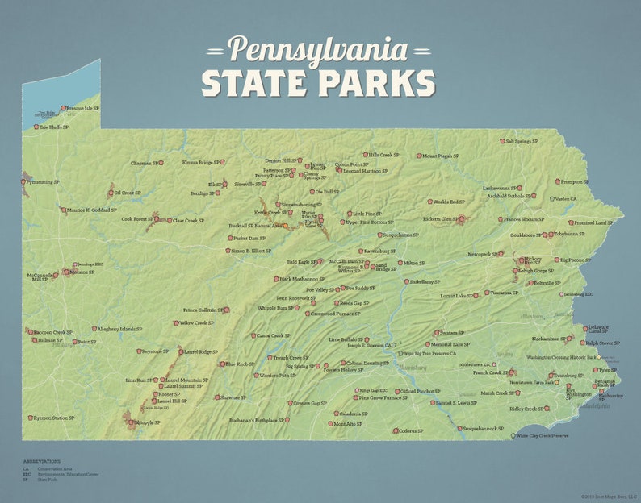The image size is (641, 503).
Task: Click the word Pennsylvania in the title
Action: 318,50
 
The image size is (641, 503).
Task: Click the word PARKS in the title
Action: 377,83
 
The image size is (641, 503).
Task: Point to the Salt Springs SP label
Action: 520,141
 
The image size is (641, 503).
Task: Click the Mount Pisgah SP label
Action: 440,156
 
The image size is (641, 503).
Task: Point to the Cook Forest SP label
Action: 136,218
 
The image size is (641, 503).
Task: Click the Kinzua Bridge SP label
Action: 198,162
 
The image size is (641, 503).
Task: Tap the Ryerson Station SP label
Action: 53,418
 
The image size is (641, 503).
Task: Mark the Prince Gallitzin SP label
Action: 203,310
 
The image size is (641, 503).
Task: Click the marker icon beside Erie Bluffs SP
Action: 34,127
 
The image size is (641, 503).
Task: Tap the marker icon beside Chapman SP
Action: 161,163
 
